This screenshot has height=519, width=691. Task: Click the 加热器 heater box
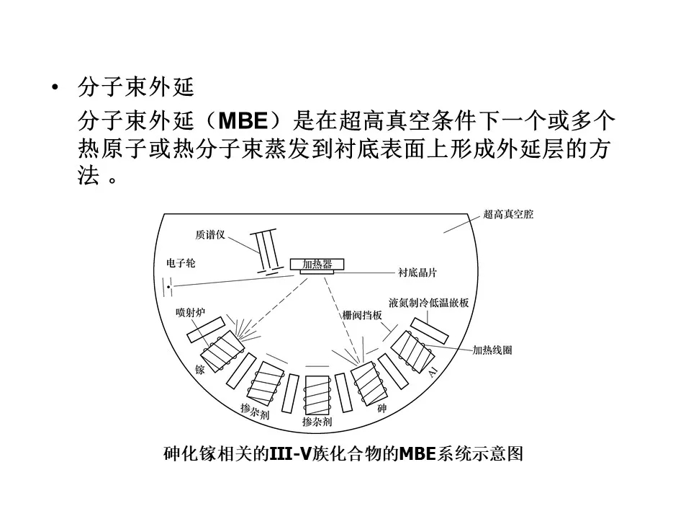click(x=317, y=265)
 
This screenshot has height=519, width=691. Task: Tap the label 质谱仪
click(x=210, y=234)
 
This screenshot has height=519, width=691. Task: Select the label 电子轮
click(x=181, y=264)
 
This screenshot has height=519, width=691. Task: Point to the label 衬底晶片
click(x=417, y=272)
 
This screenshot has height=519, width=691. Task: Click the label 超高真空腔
click(x=508, y=215)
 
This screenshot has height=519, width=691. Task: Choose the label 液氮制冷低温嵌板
click(x=428, y=303)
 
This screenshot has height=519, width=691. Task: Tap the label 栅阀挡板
click(x=362, y=315)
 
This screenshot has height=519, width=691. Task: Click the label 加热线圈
click(x=492, y=350)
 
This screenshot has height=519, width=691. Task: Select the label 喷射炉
click(x=190, y=312)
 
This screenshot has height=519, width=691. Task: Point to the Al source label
click(x=433, y=372)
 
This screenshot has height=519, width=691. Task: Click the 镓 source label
click(x=200, y=369)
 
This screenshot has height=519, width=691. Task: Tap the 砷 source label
click(x=381, y=408)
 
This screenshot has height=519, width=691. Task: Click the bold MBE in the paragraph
click(x=243, y=120)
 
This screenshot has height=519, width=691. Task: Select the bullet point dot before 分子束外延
click(x=55, y=87)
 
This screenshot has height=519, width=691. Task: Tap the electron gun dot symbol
click(x=168, y=287)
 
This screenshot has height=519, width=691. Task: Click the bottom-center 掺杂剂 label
click(x=317, y=422)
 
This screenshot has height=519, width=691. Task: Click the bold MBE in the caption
click(x=417, y=453)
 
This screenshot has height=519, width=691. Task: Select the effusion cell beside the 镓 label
click(x=222, y=351)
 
